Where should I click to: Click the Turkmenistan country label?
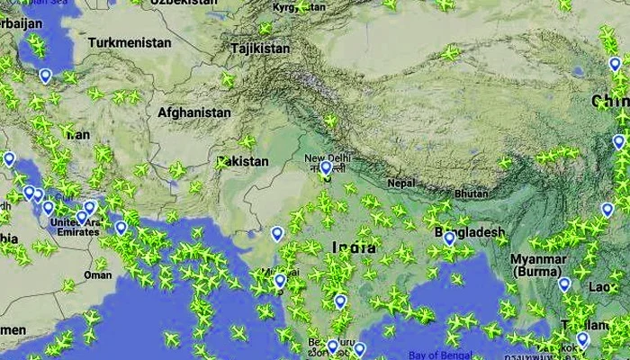click(130, 42)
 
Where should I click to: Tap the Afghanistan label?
click(193, 112)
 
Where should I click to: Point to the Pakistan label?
click(243, 161)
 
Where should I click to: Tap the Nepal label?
click(401, 184)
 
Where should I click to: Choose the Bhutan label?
click(472, 193)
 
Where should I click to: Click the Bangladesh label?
click(470, 232)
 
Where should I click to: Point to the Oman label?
click(98, 274)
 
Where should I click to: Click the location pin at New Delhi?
click(325, 168)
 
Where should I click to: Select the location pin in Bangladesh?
click(449, 238)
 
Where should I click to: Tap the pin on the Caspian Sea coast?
click(45, 76)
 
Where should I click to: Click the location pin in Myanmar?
click(564, 284)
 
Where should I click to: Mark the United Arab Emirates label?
click(76, 229)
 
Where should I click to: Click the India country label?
click(354, 247)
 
